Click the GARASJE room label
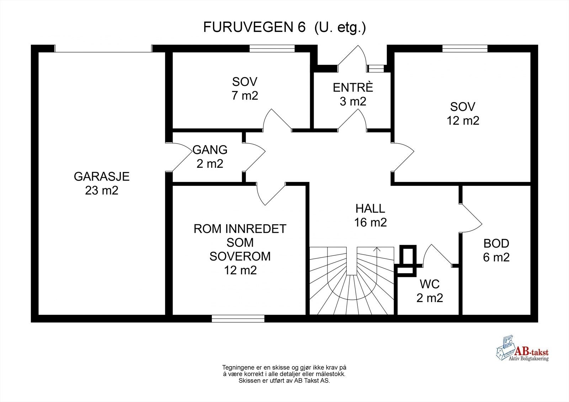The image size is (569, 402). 101,176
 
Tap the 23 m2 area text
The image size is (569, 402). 101,191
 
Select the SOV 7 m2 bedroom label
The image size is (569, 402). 245,89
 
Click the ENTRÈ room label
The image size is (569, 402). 353,87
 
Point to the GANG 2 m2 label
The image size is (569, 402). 210,156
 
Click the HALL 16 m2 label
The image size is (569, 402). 370,215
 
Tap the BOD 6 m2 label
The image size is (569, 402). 496,250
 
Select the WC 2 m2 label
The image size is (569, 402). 430,291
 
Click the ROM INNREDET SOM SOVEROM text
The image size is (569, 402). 240,242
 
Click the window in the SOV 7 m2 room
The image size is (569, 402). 272,49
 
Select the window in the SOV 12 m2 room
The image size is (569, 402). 465,49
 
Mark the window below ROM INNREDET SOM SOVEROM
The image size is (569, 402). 238,318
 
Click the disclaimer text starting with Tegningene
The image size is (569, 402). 284,374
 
